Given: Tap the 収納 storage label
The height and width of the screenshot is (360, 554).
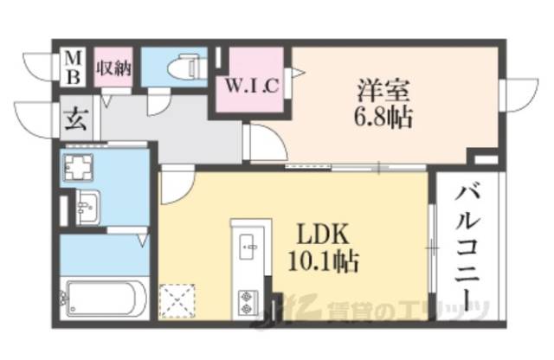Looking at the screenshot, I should click(x=113, y=67).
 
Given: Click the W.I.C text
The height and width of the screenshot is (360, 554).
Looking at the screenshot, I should click(x=252, y=86).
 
